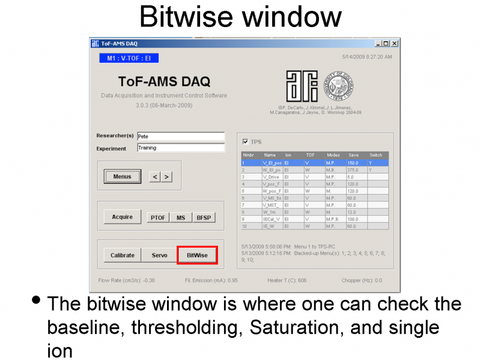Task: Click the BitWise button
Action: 197,255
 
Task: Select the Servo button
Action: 159,255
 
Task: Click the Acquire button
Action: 123,217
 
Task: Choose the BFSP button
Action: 204,218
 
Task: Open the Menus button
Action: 123,177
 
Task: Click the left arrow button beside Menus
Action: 154,177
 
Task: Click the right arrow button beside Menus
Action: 166,177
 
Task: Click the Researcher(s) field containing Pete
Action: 180,136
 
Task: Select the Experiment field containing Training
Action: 180,148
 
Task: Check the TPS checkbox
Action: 245,142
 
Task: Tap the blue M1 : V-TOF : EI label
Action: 129,58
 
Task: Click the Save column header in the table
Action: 354,155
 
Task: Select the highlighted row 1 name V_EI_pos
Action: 272,162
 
